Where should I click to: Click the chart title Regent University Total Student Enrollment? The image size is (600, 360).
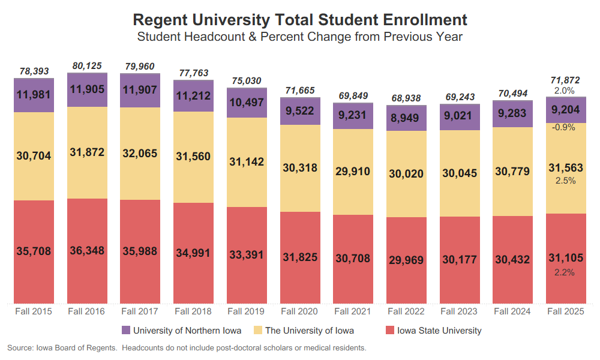299,19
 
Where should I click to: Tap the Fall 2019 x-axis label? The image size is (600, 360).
245,311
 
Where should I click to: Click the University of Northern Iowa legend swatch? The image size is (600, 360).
126,331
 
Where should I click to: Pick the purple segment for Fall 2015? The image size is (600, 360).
34,95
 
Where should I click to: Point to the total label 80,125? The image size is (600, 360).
87,65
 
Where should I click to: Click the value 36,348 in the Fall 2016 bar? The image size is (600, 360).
87,251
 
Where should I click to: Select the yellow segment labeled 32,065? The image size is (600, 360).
140,154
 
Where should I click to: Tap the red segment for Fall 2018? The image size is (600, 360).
193,253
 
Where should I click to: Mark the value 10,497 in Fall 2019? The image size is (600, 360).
246,103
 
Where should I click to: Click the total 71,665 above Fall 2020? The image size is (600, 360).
299,90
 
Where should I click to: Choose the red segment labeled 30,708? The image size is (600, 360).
352,259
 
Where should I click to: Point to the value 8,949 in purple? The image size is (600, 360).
406,118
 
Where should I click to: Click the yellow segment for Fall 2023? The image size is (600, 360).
459,173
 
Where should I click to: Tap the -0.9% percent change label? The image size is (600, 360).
565,127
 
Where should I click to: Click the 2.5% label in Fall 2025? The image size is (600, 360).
565,181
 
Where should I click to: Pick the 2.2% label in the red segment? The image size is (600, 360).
565,272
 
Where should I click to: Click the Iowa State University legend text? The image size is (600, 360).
439,331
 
